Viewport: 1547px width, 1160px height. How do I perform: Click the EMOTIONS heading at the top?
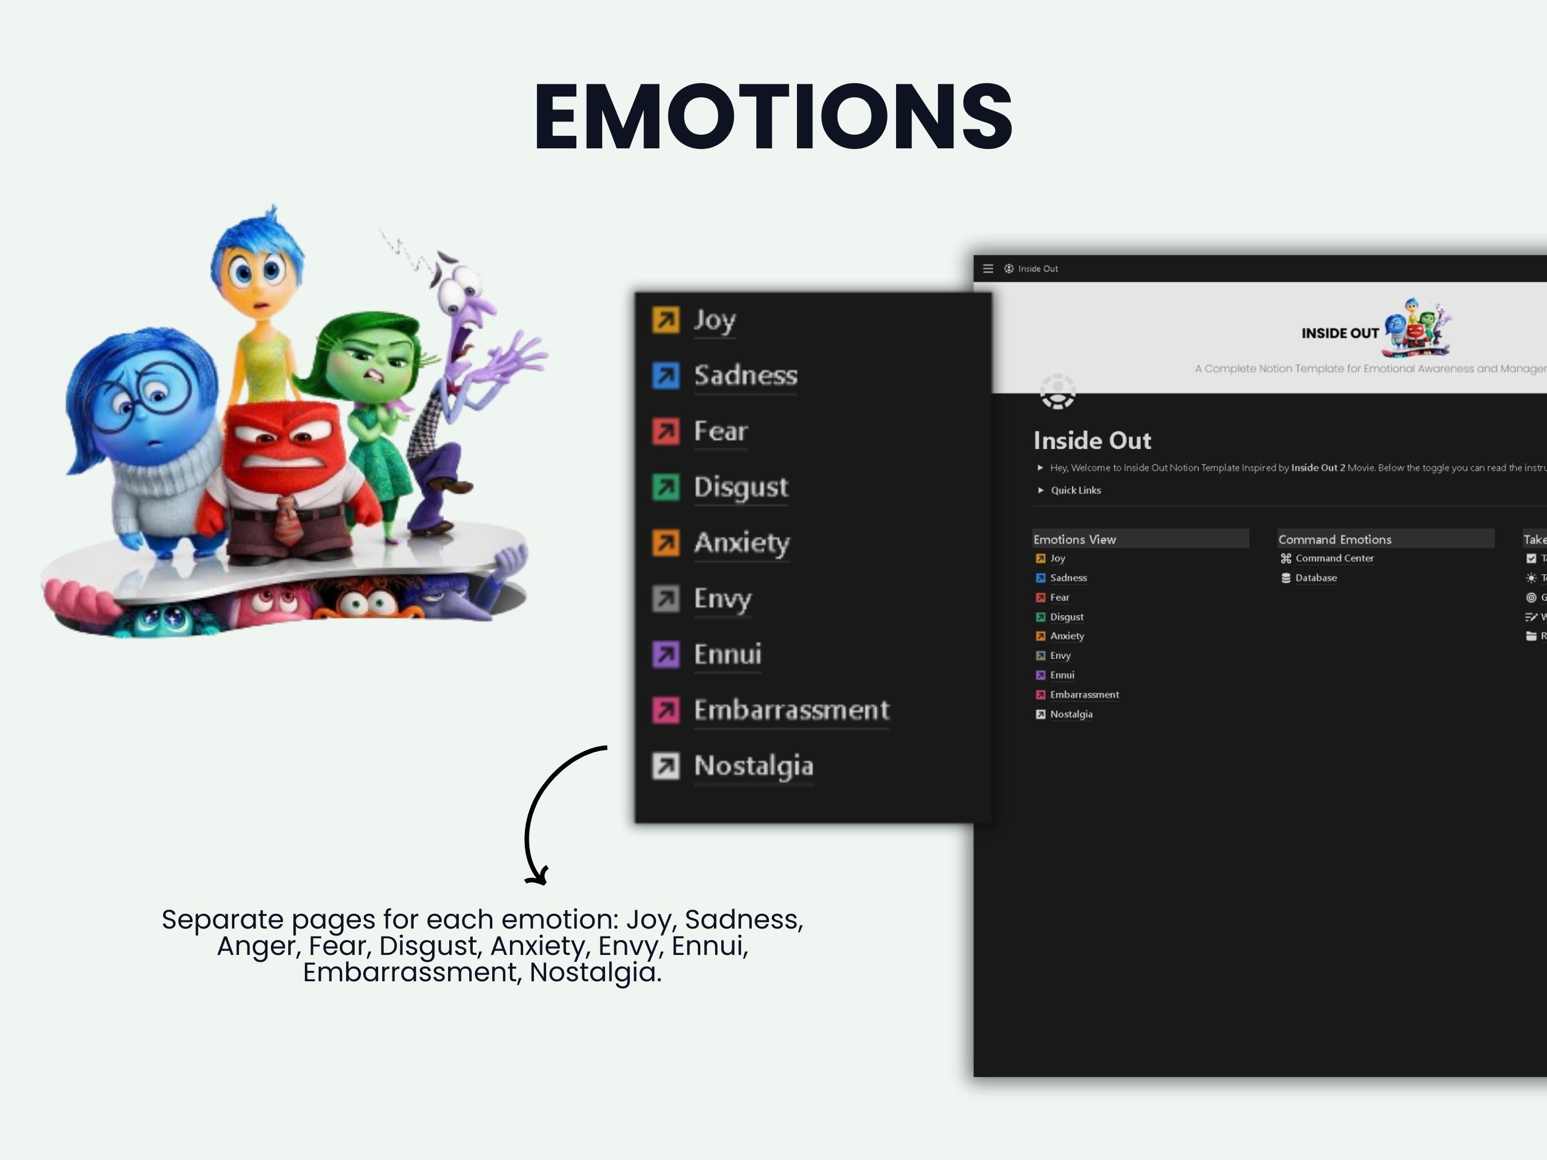pos(773,116)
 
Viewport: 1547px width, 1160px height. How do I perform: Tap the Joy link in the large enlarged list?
pos(714,320)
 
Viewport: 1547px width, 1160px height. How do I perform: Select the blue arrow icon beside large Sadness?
pos(665,375)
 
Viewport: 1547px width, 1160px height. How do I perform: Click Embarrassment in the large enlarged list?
pos(791,710)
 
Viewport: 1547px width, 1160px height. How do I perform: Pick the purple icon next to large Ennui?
pos(665,654)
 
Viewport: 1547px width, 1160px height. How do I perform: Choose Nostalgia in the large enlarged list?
pos(753,766)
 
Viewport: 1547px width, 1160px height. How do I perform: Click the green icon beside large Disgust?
pos(665,487)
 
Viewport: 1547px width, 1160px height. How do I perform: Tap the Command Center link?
pos(1334,558)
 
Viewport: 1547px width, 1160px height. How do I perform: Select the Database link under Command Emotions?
pos(1315,577)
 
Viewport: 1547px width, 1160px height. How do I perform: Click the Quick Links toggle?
pos(1075,490)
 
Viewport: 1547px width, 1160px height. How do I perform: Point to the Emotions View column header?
pos(1074,539)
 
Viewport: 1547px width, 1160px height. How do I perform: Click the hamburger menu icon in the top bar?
pos(988,269)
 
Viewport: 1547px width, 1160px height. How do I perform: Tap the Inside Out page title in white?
pos(1091,441)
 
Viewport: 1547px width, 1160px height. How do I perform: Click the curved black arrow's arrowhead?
pos(537,878)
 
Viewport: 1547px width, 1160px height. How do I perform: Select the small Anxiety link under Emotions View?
pos(1066,636)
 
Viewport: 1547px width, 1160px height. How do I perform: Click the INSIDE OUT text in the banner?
pos(1339,333)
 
